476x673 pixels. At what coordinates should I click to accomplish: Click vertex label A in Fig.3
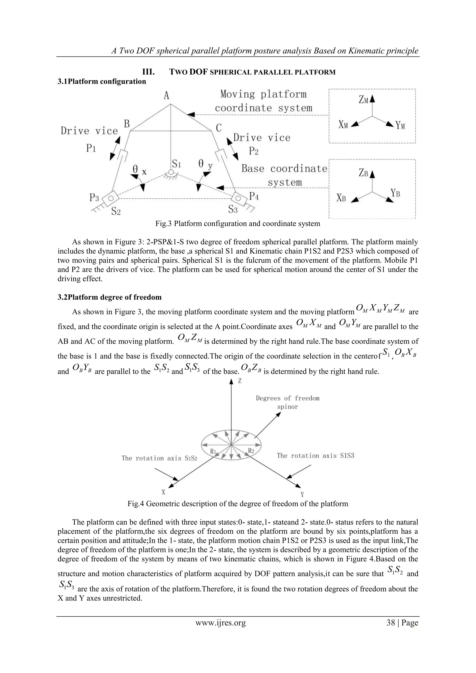point(166,95)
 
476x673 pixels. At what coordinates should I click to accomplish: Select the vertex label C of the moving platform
point(219,128)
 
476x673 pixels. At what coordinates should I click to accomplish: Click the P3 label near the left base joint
point(94,198)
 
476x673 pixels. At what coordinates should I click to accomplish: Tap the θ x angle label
point(139,170)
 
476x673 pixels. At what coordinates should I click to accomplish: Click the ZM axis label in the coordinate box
point(363,100)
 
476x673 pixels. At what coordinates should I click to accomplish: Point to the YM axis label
point(400,126)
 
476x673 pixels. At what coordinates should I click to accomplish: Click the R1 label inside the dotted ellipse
point(213,451)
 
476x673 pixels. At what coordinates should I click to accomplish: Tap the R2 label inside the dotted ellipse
point(251,450)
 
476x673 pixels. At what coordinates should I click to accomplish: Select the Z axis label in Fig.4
point(240,381)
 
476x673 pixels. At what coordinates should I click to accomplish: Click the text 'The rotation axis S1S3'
point(315,456)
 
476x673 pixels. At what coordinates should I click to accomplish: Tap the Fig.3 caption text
point(238,224)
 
